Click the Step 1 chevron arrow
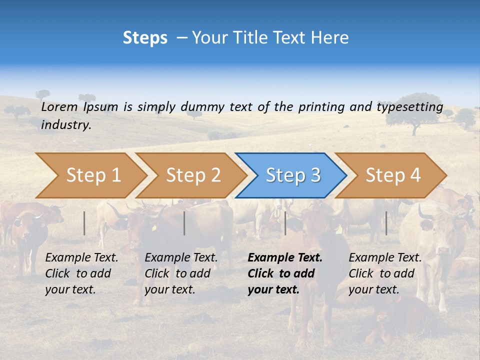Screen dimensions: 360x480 click(x=92, y=175)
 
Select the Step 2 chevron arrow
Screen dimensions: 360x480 click(x=192, y=175)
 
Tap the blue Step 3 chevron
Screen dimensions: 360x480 click(x=292, y=175)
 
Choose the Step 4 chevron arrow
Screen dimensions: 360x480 click(x=392, y=175)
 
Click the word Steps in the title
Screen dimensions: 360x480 click(x=145, y=38)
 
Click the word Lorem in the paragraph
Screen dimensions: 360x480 click(x=59, y=106)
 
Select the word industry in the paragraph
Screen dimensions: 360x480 click(x=66, y=125)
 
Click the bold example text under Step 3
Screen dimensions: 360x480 click(x=285, y=273)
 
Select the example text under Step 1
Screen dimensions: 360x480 click(x=81, y=273)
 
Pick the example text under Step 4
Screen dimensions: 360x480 click(x=385, y=273)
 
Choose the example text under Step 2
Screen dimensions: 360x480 click(x=181, y=273)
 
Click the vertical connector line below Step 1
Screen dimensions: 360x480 click(x=84, y=223)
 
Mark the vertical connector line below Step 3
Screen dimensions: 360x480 click(x=285, y=223)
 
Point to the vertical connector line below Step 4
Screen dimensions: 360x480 click(x=386, y=223)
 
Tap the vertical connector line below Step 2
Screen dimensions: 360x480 click(x=184, y=223)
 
